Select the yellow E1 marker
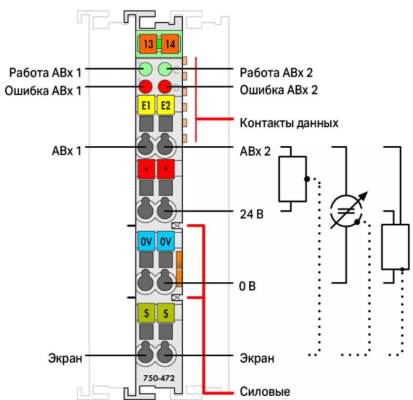point(146,105)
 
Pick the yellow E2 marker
point(166,105)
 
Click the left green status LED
point(146,69)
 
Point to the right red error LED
point(165,87)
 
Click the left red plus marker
point(146,169)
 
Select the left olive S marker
point(146,313)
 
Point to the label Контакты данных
point(289,123)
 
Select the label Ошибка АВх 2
point(279,90)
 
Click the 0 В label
point(248,287)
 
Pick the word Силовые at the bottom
point(264,392)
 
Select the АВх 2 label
point(255,151)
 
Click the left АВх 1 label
point(67,151)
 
